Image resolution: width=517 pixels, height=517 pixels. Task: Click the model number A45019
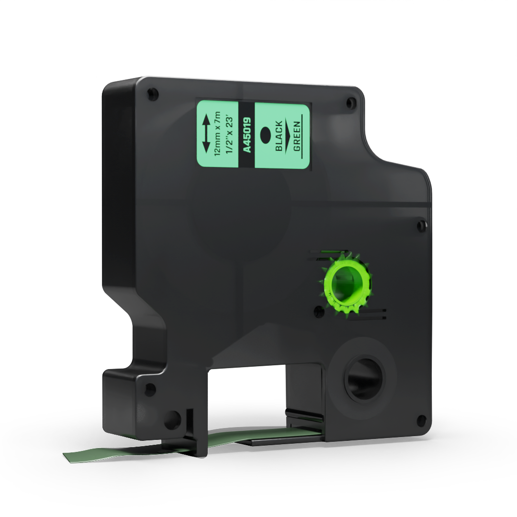247,135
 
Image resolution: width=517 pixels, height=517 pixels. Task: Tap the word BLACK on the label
279,136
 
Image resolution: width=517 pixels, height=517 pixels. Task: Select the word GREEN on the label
297,136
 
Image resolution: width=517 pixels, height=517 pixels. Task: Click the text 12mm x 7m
218,134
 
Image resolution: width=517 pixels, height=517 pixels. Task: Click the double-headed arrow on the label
207,134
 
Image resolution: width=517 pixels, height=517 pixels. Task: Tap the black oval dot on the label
265,135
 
